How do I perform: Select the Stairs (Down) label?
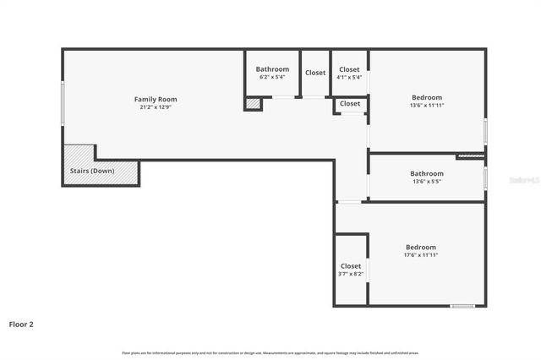tap(92, 171)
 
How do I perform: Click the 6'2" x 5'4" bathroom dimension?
tap(272, 77)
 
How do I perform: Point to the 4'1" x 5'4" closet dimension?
tap(349, 77)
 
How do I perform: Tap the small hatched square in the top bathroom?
tap(253, 104)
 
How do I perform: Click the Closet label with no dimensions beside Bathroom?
tap(315, 73)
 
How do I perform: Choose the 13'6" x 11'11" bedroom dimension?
tap(427, 105)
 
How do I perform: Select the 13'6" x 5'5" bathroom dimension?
tap(427, 182)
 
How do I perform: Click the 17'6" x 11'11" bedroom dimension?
tap(421, 254)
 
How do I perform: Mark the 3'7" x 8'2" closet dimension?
tap(350, 274)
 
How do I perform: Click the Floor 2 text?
tap(21, 324)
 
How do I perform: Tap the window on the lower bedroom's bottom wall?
tap(462, 306)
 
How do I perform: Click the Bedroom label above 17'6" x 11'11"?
tap(421, 247)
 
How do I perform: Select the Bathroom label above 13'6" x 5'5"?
tap(427, 174)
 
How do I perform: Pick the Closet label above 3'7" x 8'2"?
tap(350, 266)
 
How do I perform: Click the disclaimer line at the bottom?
tap(270, 352)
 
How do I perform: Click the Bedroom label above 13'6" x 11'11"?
tap(427, 96)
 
